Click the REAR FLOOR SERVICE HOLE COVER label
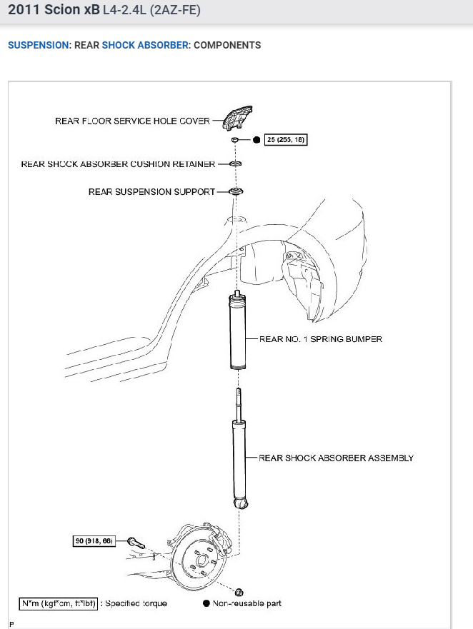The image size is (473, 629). (x=132, y=121)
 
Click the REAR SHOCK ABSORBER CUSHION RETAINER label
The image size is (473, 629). (x=118, y=164)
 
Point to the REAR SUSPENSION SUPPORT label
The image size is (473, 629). (x=151, y=192)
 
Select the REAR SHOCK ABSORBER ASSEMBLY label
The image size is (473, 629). (x=336, y=458)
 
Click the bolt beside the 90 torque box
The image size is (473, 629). (x=136, y=543)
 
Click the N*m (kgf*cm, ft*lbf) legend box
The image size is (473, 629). (x=59, y=603)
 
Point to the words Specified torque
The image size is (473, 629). (x=136, y=603)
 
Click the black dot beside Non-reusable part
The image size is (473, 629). (x=206, y=603)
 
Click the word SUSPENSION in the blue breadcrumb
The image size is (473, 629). (x=39, y=45)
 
